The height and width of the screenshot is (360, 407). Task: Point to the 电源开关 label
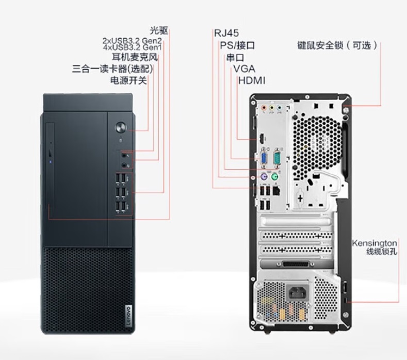click(x=128, y=80)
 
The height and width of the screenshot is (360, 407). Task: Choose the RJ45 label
click(x=226, y=34)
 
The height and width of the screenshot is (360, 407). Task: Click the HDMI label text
click(x=252, y=80)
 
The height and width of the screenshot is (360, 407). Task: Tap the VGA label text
click(x=244, y=69)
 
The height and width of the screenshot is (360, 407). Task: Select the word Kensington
click(x=375, y=242)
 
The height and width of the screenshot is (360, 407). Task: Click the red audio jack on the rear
click(x=264, y=108)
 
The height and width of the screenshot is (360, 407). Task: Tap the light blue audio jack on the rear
click(x=279, y=108)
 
